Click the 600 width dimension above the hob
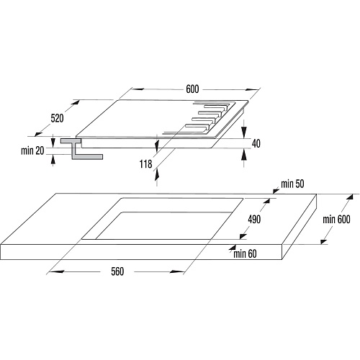[x=192, y=89]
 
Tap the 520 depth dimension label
[x=57, y=118]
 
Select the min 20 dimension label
[x=32, y=150]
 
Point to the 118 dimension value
[x=145, y=164]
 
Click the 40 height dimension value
[x=256, y=143]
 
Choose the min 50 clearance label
[x=292, y=184]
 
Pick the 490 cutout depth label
[x=254, y=220]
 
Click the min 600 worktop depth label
[x=336, y=220]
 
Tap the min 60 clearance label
[x=245, y=253]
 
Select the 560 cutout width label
[x=117, y=271]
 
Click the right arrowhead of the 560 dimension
[x=177, y=271]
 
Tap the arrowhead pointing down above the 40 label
[x=244, y=132]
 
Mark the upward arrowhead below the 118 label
[x=157, y=174]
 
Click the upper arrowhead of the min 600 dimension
[x=350, y=198]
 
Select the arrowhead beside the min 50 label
[x=276, y=191]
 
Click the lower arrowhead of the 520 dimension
[x=38, y=133]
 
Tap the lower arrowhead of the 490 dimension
[x=243, y=235]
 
